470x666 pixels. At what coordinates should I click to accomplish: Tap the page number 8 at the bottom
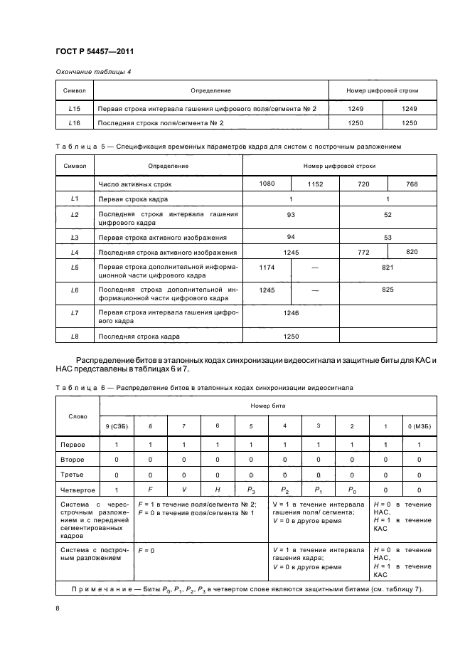coord(58,608)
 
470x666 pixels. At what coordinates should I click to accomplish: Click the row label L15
coord(75,108)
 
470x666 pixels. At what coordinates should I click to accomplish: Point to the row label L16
coord(75,123)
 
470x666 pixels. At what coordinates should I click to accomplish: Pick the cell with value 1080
coord(267,184)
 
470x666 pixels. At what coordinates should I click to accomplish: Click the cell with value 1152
coord(315,184)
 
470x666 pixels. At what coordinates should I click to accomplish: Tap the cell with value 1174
coord(267,268)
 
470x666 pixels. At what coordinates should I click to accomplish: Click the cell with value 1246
coord(290,313)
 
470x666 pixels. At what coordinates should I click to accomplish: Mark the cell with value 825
coord(388,290)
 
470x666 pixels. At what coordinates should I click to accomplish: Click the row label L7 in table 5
coord(75,313)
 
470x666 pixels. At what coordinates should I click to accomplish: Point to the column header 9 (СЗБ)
coord(116,425)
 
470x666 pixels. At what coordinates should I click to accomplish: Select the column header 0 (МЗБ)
coord(419,425)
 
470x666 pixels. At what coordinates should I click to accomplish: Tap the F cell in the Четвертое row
coord(150,490)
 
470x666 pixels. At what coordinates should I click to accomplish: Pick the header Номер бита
coord(267,404)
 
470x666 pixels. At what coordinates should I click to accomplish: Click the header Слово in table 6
coord(78,416)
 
